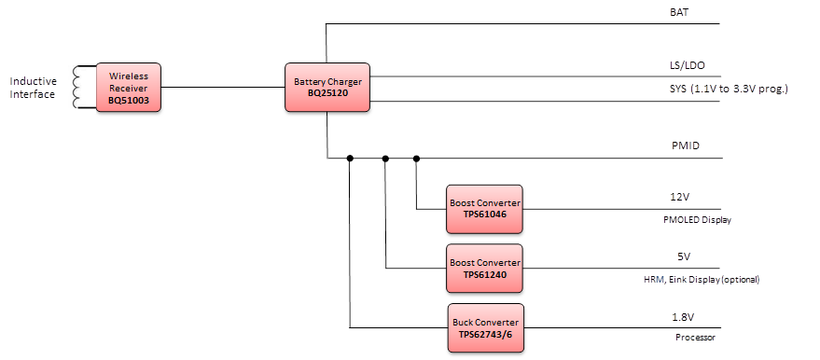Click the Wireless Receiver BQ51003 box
pyautogui.click(x=130, y=88)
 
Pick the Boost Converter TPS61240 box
pyautogui.click(x=485, y=269)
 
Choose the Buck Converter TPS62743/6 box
pyautogui.click(x=485, y=327)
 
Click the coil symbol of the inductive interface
pyautogui.click(x=82, y=88)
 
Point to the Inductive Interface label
pyautogui.click(x=33, y=88)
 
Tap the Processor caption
pyautogui.click(x=695, y=338)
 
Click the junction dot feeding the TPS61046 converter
pyautogui.click(x=416, y=159)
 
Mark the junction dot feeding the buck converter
pyautogui.click(x=350, y=159)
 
